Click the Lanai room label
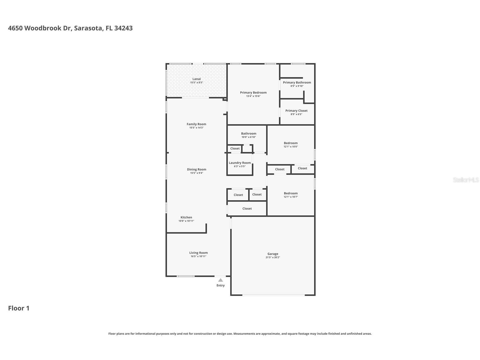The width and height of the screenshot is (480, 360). (x=196, y=79)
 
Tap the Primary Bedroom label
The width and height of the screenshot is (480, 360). (x=253, y=93)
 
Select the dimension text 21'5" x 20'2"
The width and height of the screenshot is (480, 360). (x=273, y=258)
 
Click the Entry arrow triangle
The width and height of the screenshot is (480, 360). (x=220, y=280)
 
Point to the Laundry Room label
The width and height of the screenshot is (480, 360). (x=240, y=163)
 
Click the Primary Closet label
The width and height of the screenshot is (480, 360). (x=296, y=111)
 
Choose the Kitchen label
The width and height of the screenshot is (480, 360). (x=186, y=217)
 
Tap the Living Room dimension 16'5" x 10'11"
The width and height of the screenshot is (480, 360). (x=198, y=256)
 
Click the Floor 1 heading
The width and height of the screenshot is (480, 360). (x=19, y=308)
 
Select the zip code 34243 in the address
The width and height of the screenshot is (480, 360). (x=123, y=28)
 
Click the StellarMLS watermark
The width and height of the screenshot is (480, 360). (x=466, y=180)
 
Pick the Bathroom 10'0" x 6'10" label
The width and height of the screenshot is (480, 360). (x=249, y=134)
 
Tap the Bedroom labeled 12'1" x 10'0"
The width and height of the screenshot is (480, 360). (x=290, y=143)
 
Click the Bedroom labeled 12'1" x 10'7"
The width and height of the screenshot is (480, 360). (x=290, y=193)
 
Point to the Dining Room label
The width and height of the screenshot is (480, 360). (x=196, y=170)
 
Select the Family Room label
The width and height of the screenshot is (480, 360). (x=196, y=124)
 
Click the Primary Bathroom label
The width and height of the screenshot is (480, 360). (x=297, y=83)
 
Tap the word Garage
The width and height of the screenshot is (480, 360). (x=273, y=254)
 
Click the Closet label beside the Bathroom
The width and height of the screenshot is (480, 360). (x=235, y=149)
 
